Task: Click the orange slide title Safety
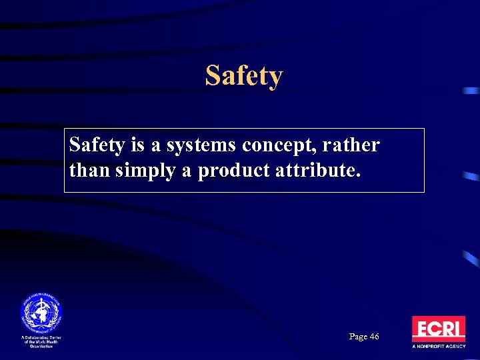(x=244, y=76)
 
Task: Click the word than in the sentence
(x=89, y=171)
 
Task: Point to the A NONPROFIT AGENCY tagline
(x=438, y=347)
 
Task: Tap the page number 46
(x=373, y=337)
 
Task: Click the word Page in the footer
(x=357, y=337)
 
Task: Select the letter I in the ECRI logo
(x=460, y=329)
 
